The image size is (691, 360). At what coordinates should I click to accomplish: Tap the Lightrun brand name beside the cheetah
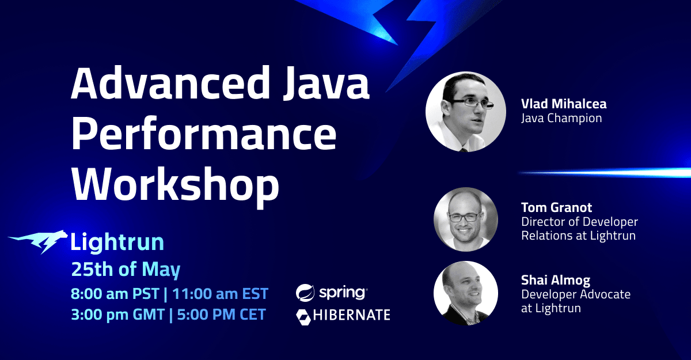pyautogui.click(x=117, y=242)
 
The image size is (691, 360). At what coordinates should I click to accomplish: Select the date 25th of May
pyautogui.click(x=126, y=269)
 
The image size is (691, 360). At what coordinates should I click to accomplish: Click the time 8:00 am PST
pyautogui.click(x=113, y=294)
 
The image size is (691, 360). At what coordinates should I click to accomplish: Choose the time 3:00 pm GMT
pyautogui.click(x=115, y=314)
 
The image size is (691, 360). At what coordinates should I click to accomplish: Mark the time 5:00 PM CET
pyautogui.click(x=219, y=314)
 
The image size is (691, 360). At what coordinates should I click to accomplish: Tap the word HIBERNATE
pyautogui.click(x=352, y=315)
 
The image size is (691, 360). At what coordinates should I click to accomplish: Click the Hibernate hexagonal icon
pyautogui.click(x=303, y=316)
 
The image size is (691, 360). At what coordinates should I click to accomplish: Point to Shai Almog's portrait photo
pyautogui.click(x=465, y=293)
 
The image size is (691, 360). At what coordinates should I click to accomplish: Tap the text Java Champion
pyautogui.click(x=561, y=119)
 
